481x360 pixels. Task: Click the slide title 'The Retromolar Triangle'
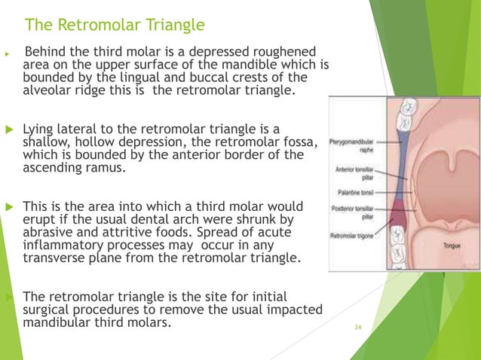(x=115, y=26)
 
